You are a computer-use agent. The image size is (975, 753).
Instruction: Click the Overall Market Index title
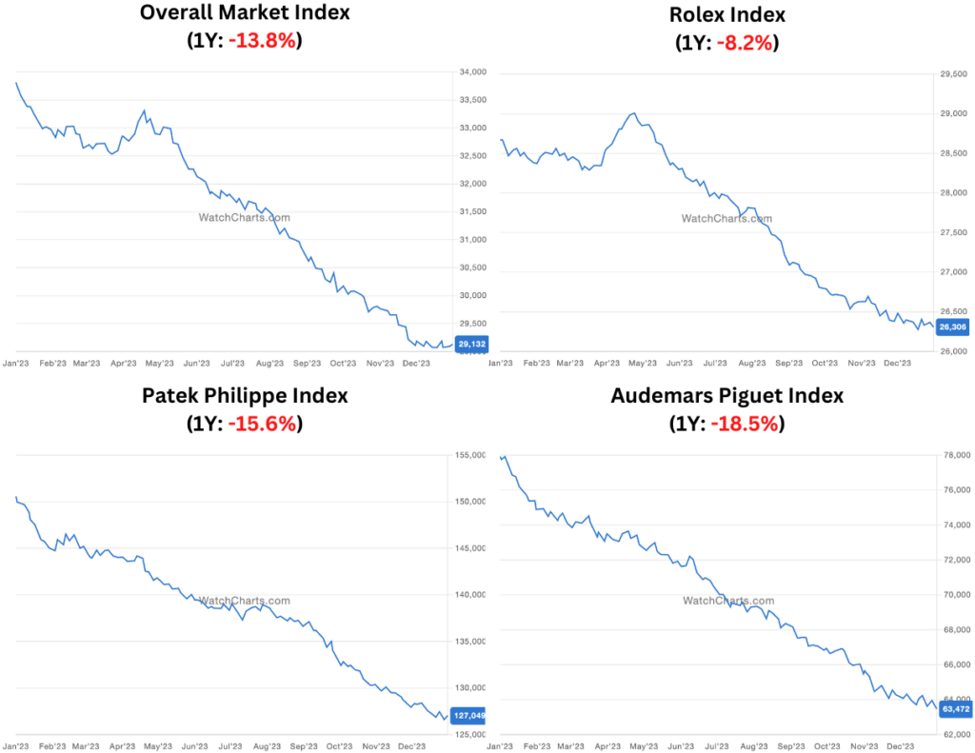[x=245, y=13]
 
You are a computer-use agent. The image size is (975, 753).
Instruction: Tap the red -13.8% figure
[x=263, y=41]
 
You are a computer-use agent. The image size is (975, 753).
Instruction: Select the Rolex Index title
[x=727, y=14]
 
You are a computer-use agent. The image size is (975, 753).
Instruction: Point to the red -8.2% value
[x=743, y=43]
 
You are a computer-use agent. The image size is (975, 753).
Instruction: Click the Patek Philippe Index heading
[x=245, y=395]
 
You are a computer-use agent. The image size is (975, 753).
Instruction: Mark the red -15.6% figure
[x=263, y=424]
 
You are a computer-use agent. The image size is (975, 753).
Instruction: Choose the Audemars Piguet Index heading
[x=727, y=395]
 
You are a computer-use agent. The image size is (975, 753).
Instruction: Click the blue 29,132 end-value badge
[x=471, y=345]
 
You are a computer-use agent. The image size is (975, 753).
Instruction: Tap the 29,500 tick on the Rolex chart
[x=953, y=73]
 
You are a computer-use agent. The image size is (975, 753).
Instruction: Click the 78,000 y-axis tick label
[x=953, y=455]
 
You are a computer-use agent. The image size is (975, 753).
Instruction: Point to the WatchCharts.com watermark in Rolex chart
[x=726, y=219]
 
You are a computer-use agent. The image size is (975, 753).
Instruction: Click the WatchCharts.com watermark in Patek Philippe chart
[x=244, y=601]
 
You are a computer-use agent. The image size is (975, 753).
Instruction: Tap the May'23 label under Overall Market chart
[x=159, y=363]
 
